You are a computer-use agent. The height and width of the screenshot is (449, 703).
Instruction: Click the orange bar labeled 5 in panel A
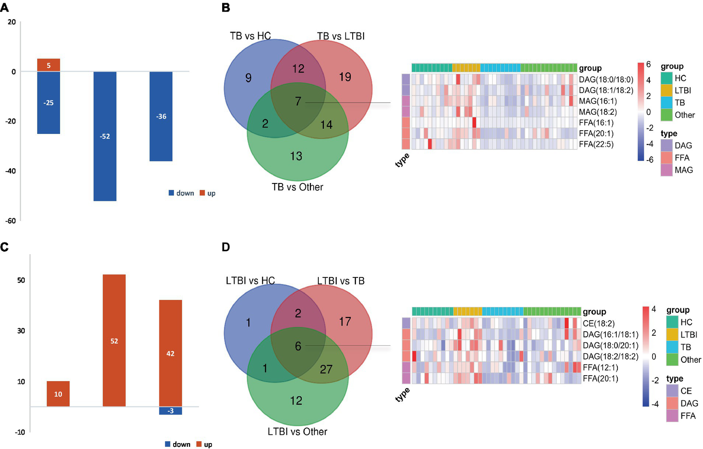click(x=49, y=65)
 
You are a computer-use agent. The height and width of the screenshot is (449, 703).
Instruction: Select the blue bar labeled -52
click(x=105, y=136)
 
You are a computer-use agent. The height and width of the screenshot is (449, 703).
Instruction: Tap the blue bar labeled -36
click(x=161, y=116)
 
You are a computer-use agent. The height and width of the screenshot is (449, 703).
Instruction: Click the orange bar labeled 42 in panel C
click(x=170, y=353)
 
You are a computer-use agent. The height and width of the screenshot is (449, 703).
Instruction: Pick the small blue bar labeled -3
click(x=170, y=411)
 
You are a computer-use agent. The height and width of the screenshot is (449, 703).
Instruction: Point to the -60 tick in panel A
click(x=11, y=221)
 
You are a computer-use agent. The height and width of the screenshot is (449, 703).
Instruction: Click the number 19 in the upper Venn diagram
click(x=345, y=77)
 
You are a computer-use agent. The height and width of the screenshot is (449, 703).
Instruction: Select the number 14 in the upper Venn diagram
click(x=326, y=124)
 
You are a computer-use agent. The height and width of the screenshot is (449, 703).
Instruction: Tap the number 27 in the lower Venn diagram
click(x=326, y=369)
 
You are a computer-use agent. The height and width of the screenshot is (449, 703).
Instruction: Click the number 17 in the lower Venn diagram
click(x=345, y=322)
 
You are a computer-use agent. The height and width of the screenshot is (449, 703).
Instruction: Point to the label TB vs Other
click(x=297, y=187)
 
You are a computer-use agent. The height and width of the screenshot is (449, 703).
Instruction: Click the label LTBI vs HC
click(x=250, y=281)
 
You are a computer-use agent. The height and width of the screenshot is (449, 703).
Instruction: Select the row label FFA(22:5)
click(x=596, y=144)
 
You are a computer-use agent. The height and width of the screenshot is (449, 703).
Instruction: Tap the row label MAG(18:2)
click(x=598, y=112)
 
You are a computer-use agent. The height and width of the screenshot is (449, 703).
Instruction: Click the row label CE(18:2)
click(x=599, y=324)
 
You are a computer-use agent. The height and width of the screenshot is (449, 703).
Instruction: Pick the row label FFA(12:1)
click(x=600, y=367)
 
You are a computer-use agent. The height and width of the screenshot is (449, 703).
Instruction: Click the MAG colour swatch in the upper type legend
click(x=667, y=170)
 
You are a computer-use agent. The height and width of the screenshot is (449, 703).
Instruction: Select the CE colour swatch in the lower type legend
click(x=672, y=391)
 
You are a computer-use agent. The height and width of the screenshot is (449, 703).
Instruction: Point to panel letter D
click(x=225, y=247)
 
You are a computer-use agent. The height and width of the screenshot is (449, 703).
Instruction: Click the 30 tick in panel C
click(x=21, y=331)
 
